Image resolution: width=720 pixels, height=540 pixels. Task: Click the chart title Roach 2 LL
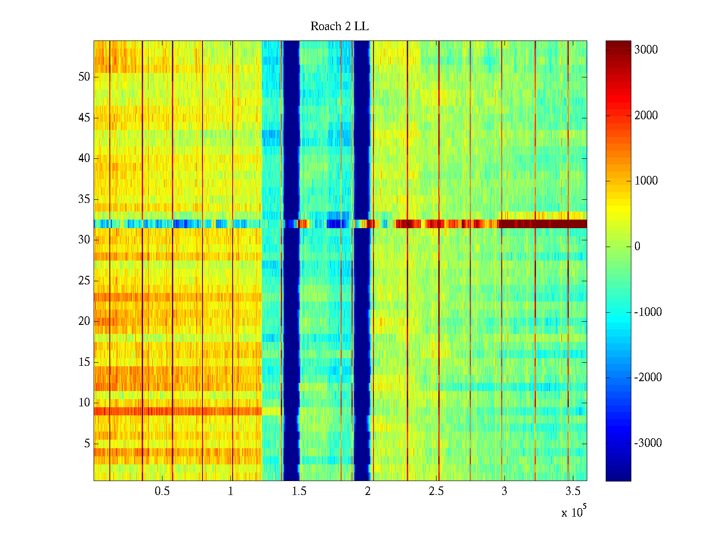click(339, 27)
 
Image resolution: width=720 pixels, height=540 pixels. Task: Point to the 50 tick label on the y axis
click(84, 77)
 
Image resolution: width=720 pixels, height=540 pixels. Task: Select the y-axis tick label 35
click(84, 199)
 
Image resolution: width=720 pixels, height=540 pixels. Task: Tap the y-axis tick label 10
click(84, 403)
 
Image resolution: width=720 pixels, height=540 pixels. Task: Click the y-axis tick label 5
click(87, 444)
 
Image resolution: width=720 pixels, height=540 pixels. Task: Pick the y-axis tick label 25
click(84, 281)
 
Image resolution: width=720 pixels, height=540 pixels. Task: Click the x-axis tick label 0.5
click(162, 491)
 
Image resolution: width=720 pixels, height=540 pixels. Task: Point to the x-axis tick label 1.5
click(299, 491)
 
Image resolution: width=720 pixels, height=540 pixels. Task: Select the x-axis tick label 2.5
click(436, 491)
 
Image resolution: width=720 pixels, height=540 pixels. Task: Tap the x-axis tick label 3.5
click(572, 491)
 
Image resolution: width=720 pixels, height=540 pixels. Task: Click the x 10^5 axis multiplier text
click(573, 512)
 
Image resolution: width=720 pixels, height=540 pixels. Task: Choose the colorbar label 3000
click(646, 50)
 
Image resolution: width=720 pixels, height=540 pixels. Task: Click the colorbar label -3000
click(648, 443)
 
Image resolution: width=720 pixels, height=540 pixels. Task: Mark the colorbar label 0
click(637, 247)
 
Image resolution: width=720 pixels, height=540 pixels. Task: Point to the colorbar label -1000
click(648, 312)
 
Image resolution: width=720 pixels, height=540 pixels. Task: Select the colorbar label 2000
click(646, 116)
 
